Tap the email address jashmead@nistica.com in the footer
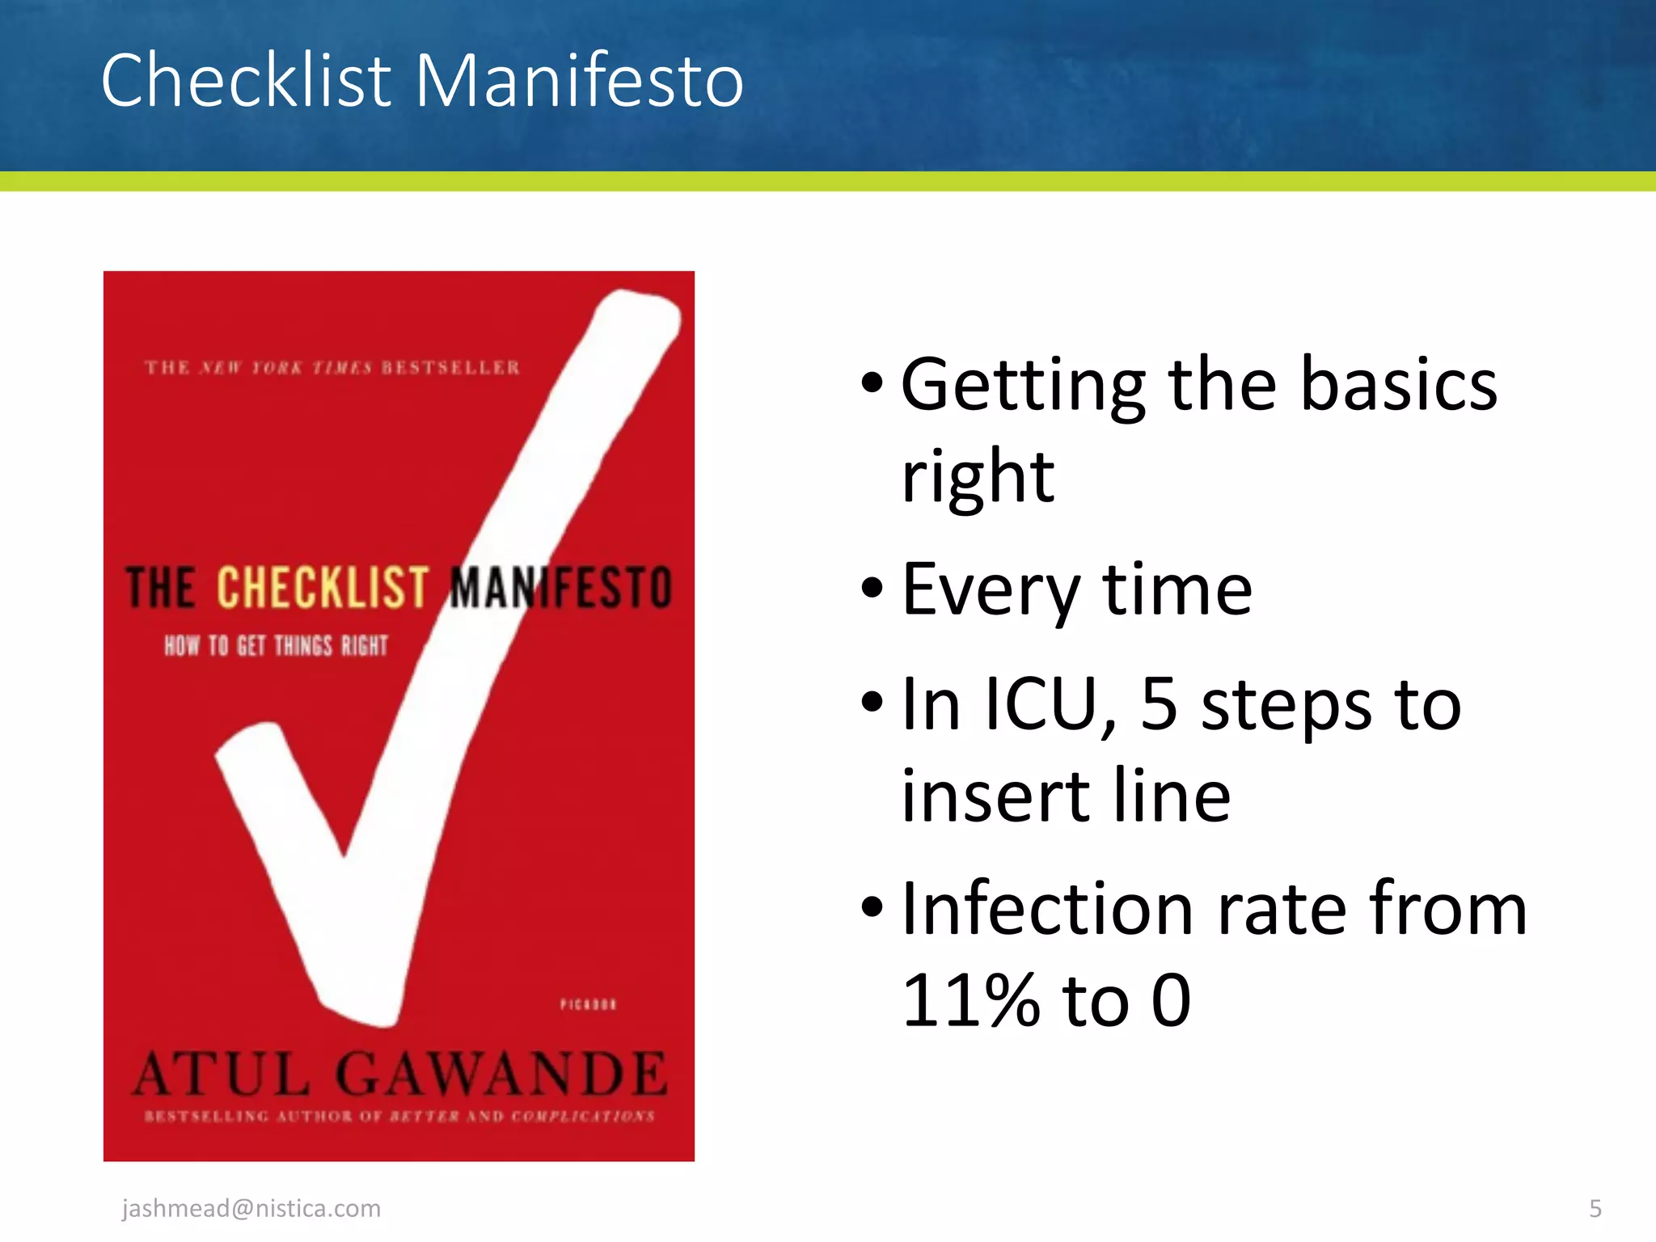tap(251, 1208)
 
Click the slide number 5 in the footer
tap(1595, 1208)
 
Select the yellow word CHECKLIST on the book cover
tap(322, 587)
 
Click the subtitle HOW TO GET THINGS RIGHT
tap(276, 645)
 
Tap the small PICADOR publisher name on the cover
tap(588, 1004)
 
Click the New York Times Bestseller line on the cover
tap(332, 368)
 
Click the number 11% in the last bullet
tap(970, 1001)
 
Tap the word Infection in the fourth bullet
tap(1047, 909)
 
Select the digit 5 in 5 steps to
tap(1159, 704)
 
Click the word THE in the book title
tap(161, 587)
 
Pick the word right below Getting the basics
tap(978, 476)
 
